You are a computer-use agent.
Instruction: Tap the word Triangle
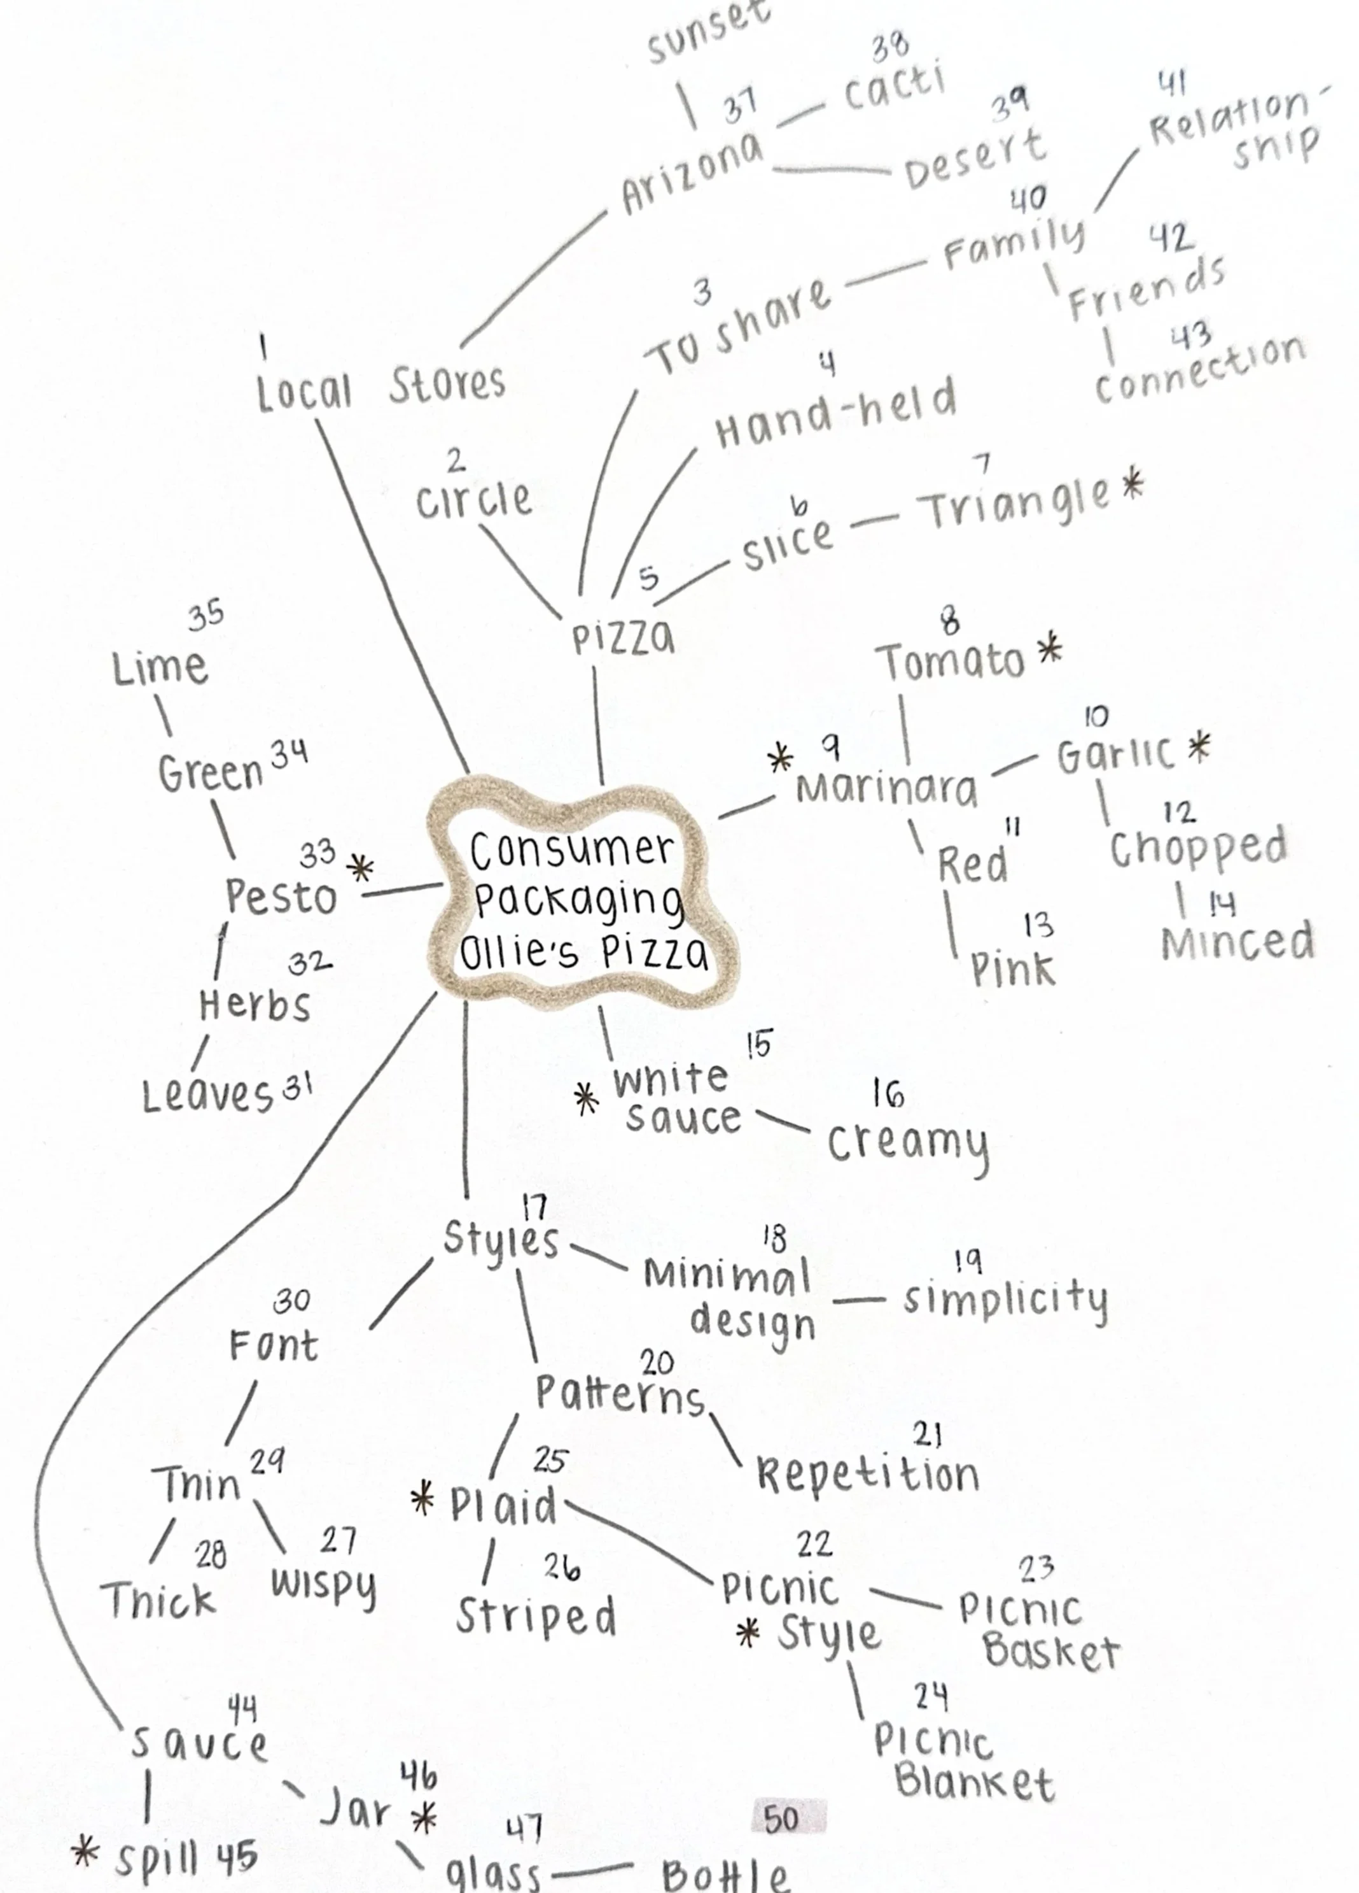click(1013, 504)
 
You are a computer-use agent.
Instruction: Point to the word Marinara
click(886, 789)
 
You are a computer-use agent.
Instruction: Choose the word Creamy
click(908, 1144)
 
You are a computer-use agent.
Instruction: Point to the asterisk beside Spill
click(84, 1852)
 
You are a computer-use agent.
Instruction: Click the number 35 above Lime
click(206, 615)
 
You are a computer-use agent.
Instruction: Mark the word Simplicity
click(1005, 1298)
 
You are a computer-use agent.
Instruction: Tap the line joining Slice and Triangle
click(875, 521)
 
